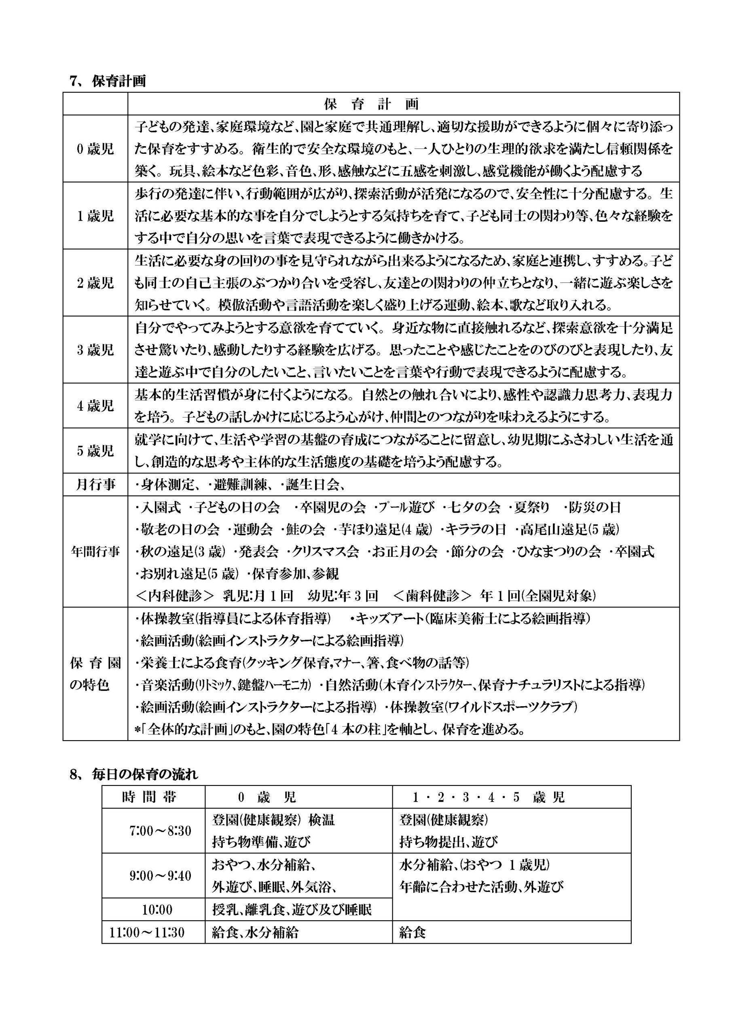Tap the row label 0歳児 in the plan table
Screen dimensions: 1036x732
coord(95,149)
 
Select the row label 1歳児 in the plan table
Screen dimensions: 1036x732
coord(95,216)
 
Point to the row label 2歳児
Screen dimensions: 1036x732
coord(95,283)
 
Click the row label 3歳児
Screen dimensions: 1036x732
coord(95,350)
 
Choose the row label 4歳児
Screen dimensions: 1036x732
coord(95,405)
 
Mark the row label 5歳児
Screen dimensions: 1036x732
coord(95,450)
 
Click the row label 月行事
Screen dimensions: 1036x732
coord(95,484)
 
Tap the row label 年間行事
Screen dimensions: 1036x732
coord(95,552)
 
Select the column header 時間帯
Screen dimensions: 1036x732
coord(149,797)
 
